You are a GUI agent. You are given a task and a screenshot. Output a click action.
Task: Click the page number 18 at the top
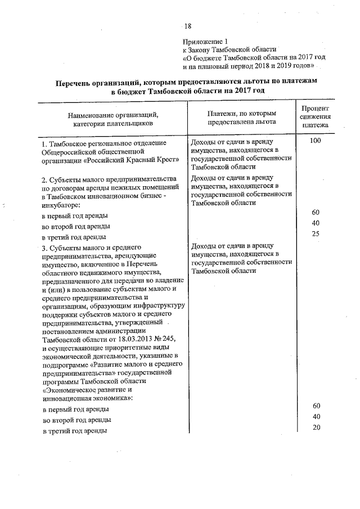point(188,26)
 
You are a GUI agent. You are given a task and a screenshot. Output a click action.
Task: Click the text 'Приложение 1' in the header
point(206,42)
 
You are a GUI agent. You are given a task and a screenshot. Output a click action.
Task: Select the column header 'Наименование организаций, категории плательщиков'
point(112,119)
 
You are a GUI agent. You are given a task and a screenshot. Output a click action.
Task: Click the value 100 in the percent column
point(315,141)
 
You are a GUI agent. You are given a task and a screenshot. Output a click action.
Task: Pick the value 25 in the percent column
point(316,233)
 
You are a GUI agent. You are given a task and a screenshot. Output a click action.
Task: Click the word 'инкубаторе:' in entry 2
point(60,205)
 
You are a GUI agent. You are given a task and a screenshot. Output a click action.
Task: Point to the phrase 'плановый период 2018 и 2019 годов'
point(259,66)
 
